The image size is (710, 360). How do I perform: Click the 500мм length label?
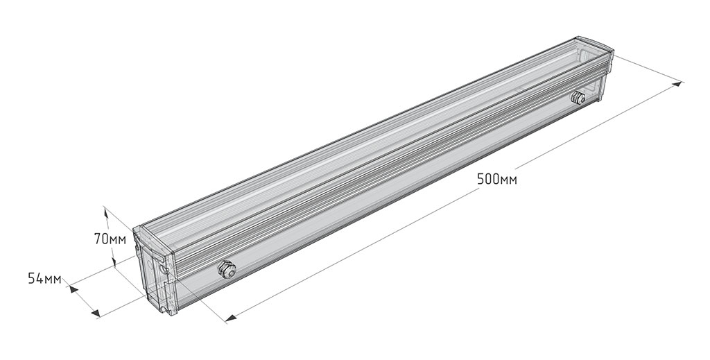[496, 180]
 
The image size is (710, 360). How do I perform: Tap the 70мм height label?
[110, 239]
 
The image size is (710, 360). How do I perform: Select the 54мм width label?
[44, 278]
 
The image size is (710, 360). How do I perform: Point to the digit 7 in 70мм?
[97, 239]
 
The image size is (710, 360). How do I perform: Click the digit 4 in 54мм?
[40, 278]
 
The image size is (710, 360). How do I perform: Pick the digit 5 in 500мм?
[480, 180]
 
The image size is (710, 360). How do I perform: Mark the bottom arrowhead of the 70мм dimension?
[114, 261]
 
